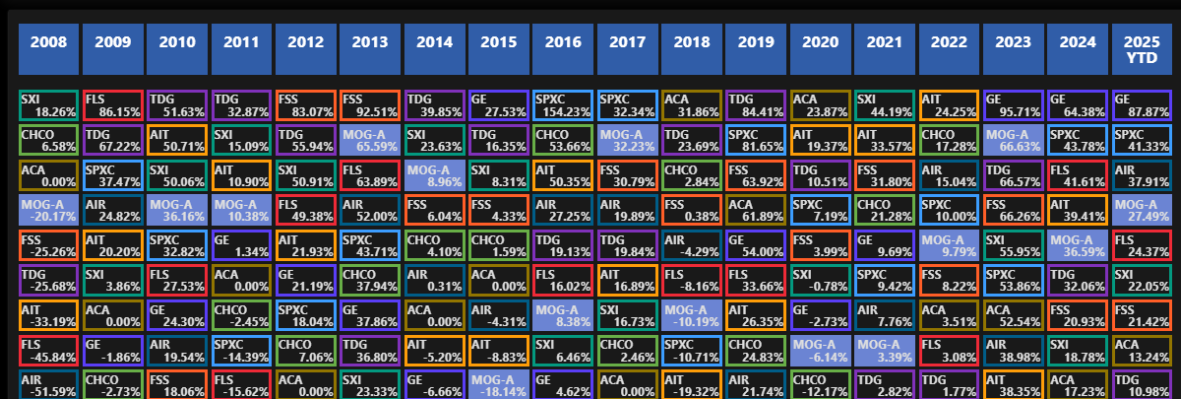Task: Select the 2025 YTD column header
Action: tap(1143, 50)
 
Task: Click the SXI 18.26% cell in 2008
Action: tap(49, 106)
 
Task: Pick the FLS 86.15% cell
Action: tap(113, 106)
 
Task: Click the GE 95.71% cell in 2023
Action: tap(1014, 106)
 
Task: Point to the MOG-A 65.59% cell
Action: tap(371, 142)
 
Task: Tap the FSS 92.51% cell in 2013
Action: tap(371, 106)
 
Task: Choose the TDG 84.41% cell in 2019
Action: tap(757, 106)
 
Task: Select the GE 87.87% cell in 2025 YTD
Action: tap(1143, 106)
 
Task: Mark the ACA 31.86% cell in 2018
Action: tap(692, 106)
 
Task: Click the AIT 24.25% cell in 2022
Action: tap(950, 106)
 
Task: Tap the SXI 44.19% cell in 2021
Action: tap(885, 106)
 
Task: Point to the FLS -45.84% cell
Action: tap(49, 350)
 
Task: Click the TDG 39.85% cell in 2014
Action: tap(435, 106)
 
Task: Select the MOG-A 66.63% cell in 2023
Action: tap(1014, 142)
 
